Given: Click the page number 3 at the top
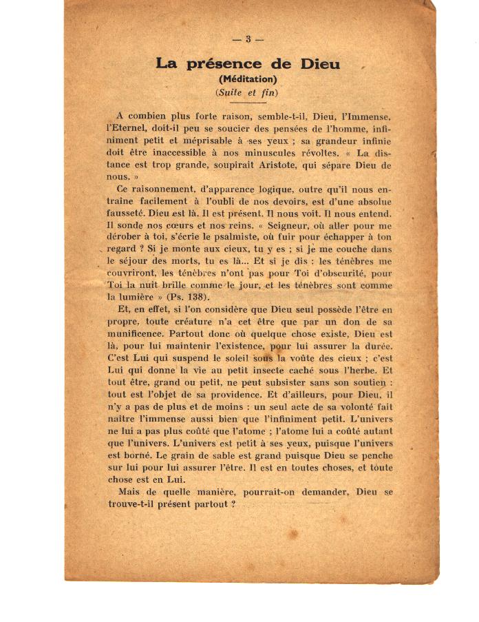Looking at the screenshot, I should (248, 39).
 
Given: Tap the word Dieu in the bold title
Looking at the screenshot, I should (320, 64).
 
